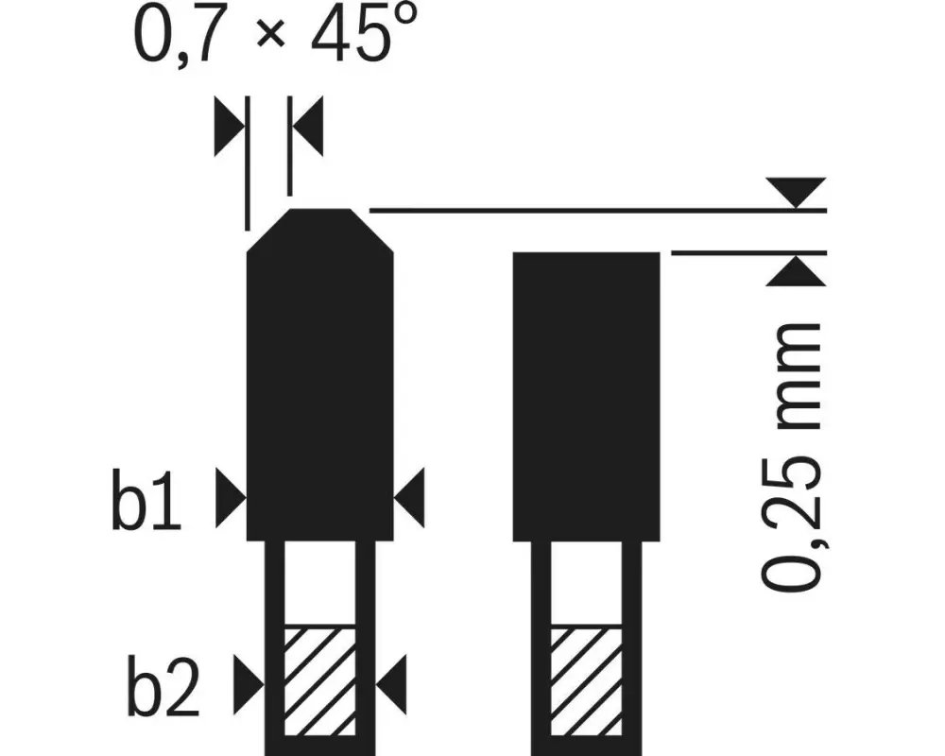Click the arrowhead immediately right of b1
tap(231, 498)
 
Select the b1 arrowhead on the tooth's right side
tap(409, 498)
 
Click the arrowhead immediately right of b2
tap(249, 685)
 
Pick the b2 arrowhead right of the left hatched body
tap(391, 685)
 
